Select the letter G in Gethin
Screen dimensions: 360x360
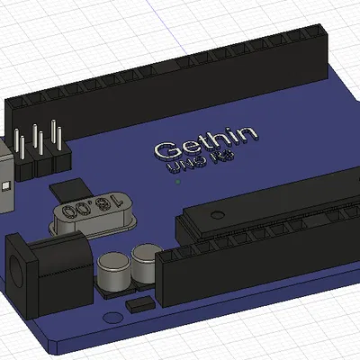click(x=166, y=151)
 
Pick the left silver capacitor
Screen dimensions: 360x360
click(x=112, y=272)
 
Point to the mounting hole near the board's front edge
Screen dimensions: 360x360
click(x=112, y=318)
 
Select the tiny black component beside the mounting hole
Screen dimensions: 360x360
click(x=139, y=306)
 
